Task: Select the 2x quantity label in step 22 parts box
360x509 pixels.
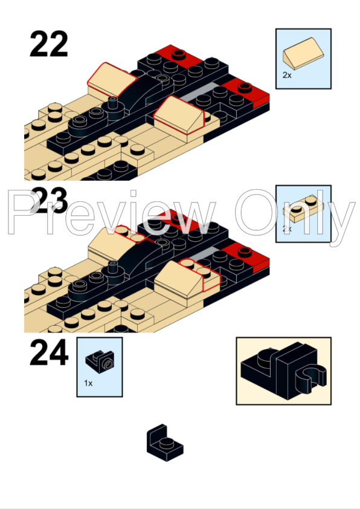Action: click(x=287, y=76)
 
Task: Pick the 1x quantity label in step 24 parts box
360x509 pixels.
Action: click(x=88, y=383)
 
